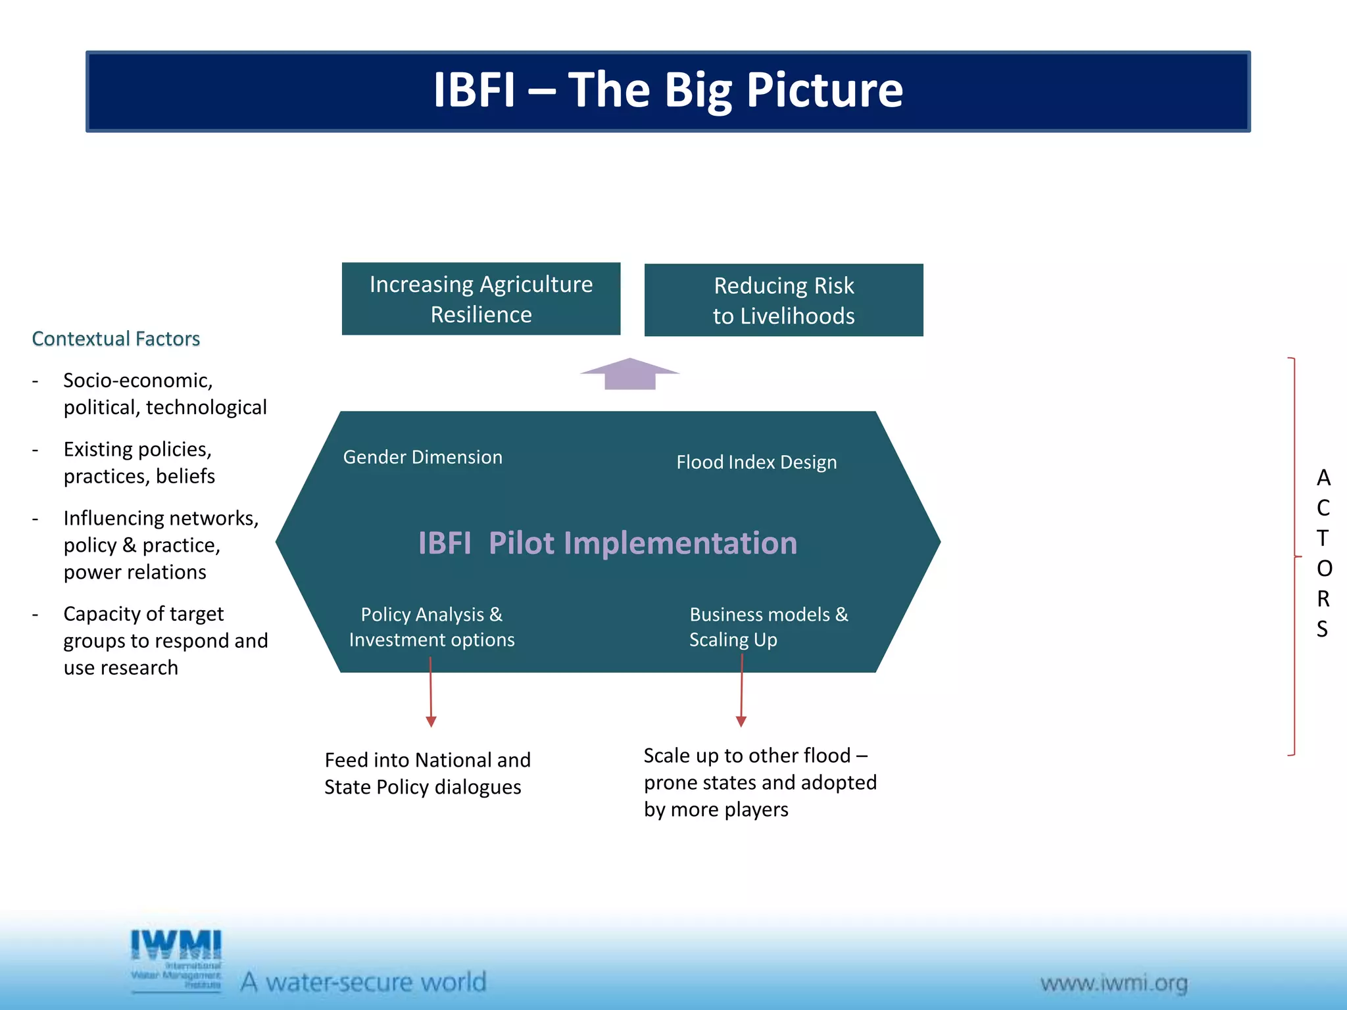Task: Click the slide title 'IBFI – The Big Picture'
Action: [668, 90]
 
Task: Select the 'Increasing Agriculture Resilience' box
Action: [481, 299]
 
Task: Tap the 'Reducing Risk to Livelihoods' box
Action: [783, 301]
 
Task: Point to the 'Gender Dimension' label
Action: [422, 457]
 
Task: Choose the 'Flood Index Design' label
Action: [756, 462]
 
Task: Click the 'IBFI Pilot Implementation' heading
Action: [607, 543]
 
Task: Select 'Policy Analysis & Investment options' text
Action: [431, 627]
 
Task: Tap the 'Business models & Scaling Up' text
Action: [768, 627]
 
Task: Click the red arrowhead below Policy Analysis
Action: [431, 721]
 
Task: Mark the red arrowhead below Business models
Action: [741, 721]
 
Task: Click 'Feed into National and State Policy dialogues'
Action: [427, 773]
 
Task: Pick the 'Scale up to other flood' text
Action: [756, 756]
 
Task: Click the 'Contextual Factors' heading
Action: [116, 339]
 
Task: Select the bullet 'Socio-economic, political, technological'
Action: [164, 394]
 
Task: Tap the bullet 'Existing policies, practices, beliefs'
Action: [139, 462]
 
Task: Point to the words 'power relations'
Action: [135, 572]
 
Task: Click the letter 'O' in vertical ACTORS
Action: [1324, 568]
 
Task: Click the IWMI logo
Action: [176, 959]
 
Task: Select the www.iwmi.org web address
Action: [1114, 983]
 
